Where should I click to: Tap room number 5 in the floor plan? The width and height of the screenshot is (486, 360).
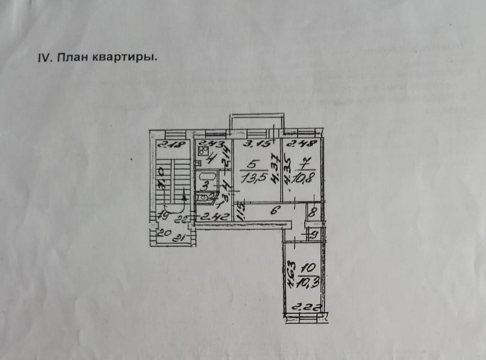tap(251, 166)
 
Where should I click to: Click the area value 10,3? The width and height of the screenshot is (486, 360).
tap(307, 280)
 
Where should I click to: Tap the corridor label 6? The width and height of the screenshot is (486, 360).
tap(275, 210)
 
